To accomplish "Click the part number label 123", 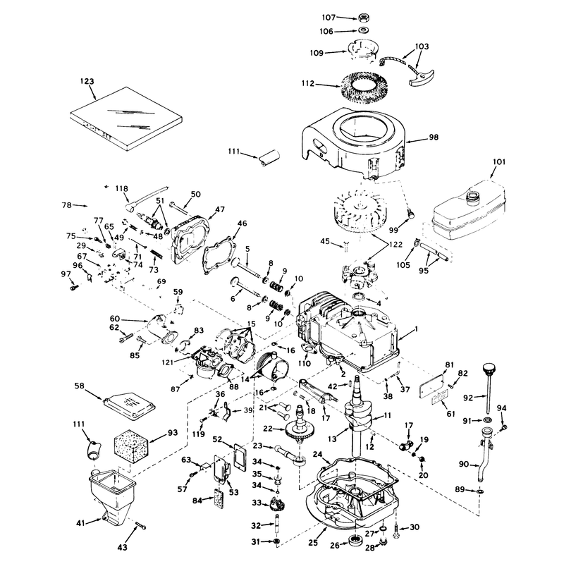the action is pos(87,81).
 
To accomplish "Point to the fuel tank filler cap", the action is pos(472,197).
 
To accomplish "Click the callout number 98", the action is pos(434,137).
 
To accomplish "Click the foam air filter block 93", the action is pos(131,445).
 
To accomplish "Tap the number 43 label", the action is pos(123,547).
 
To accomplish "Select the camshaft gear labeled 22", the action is pos(298,430).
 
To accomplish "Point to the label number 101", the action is pos(499,162).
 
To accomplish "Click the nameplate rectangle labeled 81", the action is pos(431,386).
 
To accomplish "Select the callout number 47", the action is pos(219,209).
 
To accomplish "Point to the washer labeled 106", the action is pos(363,30).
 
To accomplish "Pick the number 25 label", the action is pos(313,542).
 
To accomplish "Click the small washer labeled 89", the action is pos(479,491).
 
